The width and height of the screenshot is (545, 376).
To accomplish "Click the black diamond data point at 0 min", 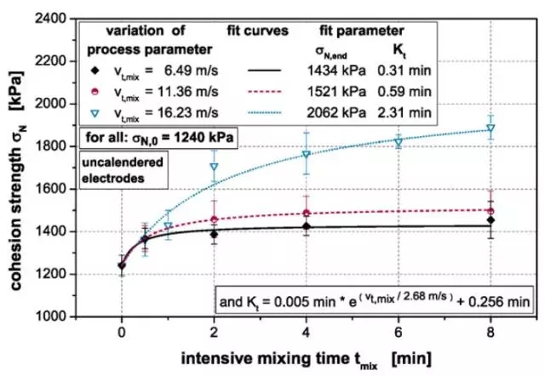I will point(122,265).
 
